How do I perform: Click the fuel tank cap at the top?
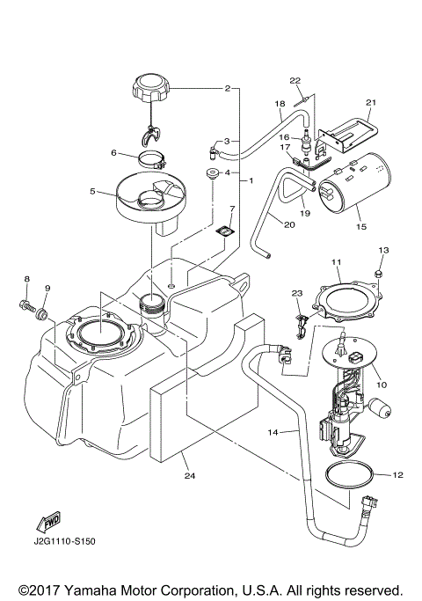pos(150,89)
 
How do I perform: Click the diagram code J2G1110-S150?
pos(64,541)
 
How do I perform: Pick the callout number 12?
pos(397,475)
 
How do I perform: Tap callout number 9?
pos(48,288)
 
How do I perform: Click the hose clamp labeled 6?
pos(155,161)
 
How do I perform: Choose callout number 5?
pos(92,189)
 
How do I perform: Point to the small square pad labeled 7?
pos(226,231)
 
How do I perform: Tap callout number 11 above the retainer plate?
pos(335,262)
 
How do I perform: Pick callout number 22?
pos(296,81)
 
